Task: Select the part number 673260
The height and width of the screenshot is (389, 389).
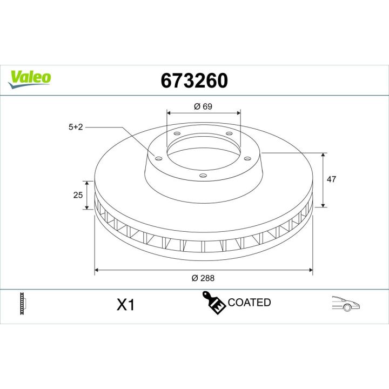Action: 194,81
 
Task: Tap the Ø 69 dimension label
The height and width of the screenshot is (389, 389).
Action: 203,106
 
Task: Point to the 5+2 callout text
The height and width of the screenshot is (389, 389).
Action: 76,128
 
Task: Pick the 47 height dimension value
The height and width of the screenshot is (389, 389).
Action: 332,179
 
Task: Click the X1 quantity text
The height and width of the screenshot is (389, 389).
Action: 125,305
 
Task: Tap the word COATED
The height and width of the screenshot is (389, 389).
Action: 249,303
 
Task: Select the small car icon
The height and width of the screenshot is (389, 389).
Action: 346,304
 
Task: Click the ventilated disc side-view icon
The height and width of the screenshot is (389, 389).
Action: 23,304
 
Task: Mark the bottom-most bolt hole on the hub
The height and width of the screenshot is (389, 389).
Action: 202,175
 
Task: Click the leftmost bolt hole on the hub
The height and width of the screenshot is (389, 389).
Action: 158,158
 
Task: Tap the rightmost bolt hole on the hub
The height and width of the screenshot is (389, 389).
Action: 248,158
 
